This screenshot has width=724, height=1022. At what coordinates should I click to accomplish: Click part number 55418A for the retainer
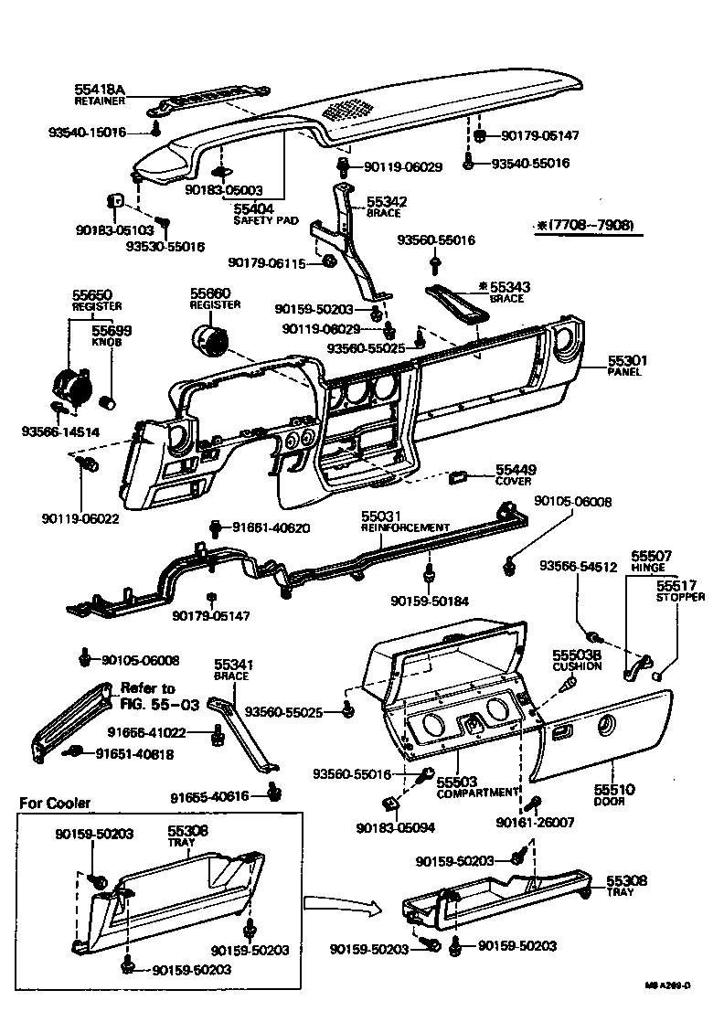pyautogui.click(x=99, y=89)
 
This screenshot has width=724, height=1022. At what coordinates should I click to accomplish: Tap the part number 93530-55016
pyautogui.click(x=165, y=247)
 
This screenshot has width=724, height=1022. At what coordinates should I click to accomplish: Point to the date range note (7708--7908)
pyautogui.click(x=586, y=225)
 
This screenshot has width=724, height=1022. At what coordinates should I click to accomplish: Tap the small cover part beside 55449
pyautogui.click(x=459, y=476)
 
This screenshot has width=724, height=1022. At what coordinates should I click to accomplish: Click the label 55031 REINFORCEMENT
pyautogui.click(x=402, y=521)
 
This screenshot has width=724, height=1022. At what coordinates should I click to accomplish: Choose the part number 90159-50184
pyautogui.click(x=430, y=601)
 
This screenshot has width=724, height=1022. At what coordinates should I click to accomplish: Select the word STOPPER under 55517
pyautogui.click(x=680, y=597)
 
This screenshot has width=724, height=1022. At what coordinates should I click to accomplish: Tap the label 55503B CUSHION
pyautogui.click(x=576, y=661)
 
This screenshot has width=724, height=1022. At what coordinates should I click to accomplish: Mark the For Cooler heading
pyautogui.click(x=56, y=803)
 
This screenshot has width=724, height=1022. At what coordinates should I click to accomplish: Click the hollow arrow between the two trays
pyautogui.click(x=339, y=906)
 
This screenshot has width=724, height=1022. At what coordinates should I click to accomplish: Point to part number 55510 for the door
pyautogui.click(x=614, y=789)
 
